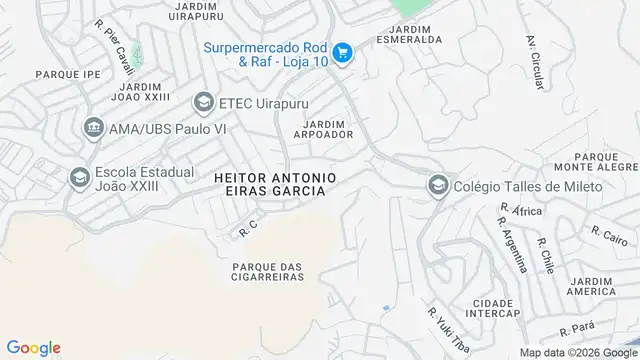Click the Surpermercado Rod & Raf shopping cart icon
click(342, 53)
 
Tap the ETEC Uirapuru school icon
click(204, 102)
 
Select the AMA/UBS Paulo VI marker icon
click(94, 127)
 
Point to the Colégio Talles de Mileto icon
click(437, 185)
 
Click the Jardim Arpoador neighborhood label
click(322, 129)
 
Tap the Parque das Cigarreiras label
click(266, 271)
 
